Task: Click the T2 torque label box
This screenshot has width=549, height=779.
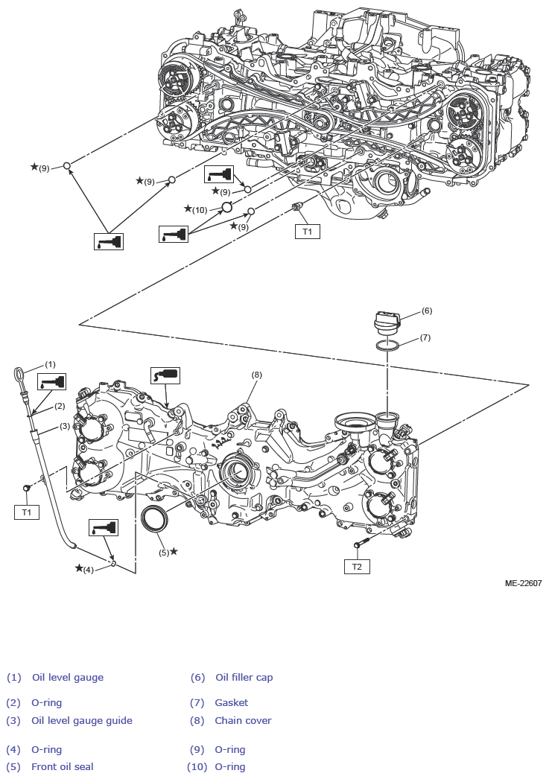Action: pyautogui.click(x=357, y=567)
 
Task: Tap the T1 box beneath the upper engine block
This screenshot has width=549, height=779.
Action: pyautogui.click(x=308, y=232)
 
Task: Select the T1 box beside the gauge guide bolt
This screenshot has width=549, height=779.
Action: pyautogui.click(x=27, y=512)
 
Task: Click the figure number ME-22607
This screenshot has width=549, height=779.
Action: pyautogui.click(x=522, y=584)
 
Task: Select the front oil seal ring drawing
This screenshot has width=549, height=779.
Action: pyautogui.click(x=155, y=518)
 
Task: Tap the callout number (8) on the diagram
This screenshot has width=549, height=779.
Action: pyautogui.click(x=256, y=375)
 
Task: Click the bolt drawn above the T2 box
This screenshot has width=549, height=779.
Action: pyautogui.click(x=362, y=545)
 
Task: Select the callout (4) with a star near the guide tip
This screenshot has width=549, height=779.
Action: pyautogui.click(x=87, y=570)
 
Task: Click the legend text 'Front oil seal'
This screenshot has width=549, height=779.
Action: pyautogui.click(x=63, y=767)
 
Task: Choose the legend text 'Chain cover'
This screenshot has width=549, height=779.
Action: pyautogui.click(x=243, y=721)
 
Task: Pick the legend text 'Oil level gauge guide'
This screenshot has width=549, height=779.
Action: pyautogui.click(x=82, y=721)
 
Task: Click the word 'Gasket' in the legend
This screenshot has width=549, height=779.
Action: pyautogui.click(x=232, y=703)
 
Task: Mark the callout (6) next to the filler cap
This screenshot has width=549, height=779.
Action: pyautogui.click(x=427, y=311)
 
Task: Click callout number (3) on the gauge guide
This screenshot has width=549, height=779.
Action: pyautogui.click(x=65, y=426)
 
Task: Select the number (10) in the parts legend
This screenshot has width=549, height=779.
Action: pyautogui.click(x=196, y=767)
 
